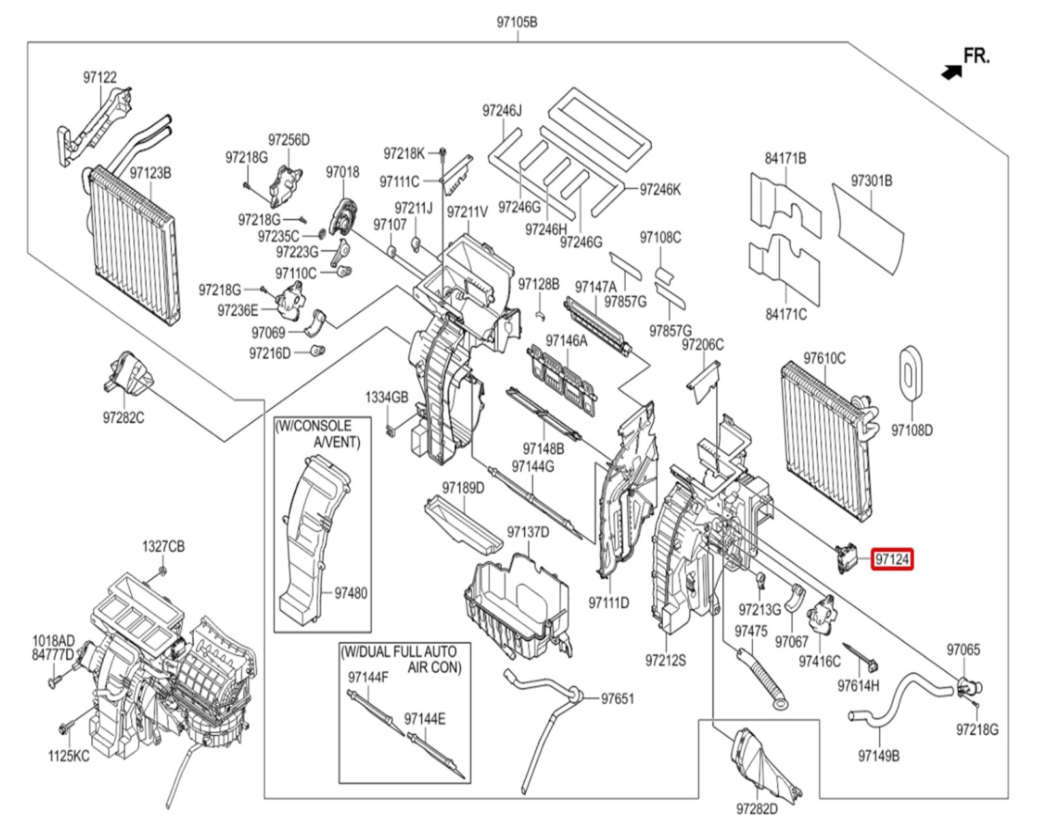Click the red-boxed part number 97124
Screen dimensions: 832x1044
click(892, 560)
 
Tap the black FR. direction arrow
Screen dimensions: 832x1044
click(952, 72)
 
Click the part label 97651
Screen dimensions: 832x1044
click(617, 699)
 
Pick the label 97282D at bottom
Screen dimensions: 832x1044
click(757, 809)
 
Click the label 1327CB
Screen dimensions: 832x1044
click(163, 546)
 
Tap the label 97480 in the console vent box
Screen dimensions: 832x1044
click(350, 593)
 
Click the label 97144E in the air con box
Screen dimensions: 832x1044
click(425, 719)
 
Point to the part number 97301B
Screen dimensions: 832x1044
click(871, 180)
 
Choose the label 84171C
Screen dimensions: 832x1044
click(786, 314)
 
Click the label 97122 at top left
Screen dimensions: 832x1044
click(100, 77)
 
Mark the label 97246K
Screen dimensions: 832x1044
click(660, 189)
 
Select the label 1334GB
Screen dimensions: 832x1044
click(386, 397)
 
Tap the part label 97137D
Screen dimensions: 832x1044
click(528, 532)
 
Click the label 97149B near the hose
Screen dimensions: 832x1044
click(878, 756)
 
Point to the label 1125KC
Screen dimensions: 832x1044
click(69, 756)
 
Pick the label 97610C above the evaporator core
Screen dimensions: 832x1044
click(824, 358)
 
